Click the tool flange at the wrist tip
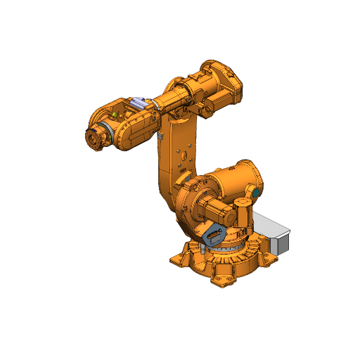pyautogui.click(x=91, y=138)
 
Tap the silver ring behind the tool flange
pyautogui.click(x=103, y=133)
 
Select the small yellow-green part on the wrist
pyautogui.click(x=114, y=113)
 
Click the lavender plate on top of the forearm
pyautogui.click(x=143, y=103)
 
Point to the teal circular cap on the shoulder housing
pyautogui.click(x=256, y=191)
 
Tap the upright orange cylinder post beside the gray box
pyautogui.click(x=242, y=212)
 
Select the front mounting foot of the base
pyautogui.click(x=222, y=281)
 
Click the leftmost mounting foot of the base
pyautogui.click(x=179, y=259)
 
